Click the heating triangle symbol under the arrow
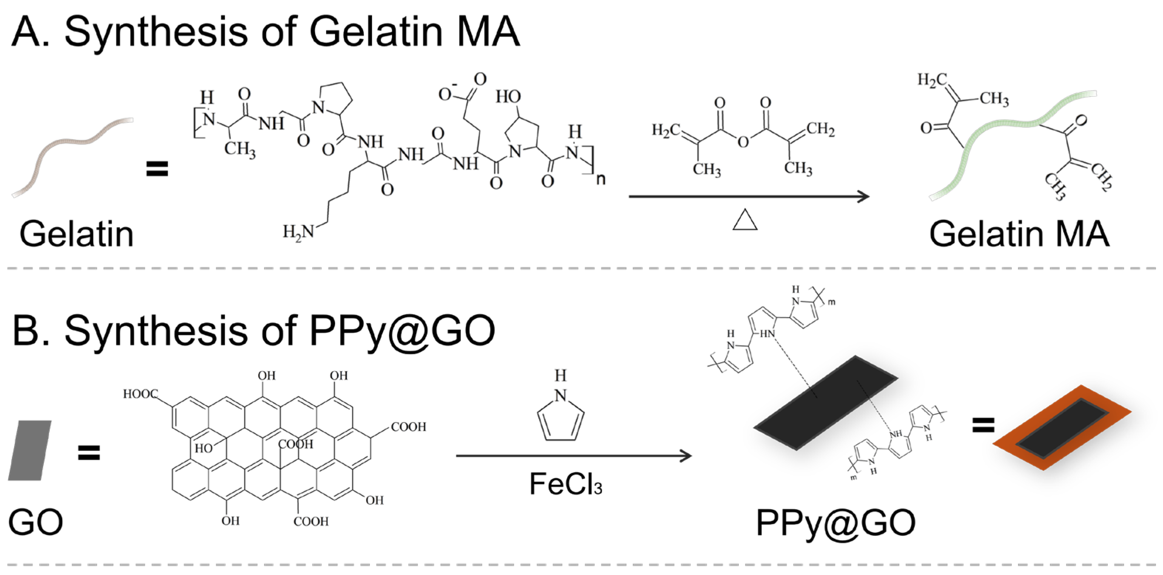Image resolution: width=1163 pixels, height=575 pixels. (x=744, y=220)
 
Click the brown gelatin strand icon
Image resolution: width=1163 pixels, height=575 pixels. (x=72, y=155)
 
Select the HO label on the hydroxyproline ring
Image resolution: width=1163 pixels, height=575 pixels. (x=508, y=96)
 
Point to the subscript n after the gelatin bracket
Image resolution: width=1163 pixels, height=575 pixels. (x=601, y=179)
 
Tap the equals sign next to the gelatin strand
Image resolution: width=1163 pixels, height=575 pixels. (x=157, y=169)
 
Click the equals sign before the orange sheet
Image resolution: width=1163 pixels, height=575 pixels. (x=983, y=424)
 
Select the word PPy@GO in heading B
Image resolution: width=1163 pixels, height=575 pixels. (x=402, y=331)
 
